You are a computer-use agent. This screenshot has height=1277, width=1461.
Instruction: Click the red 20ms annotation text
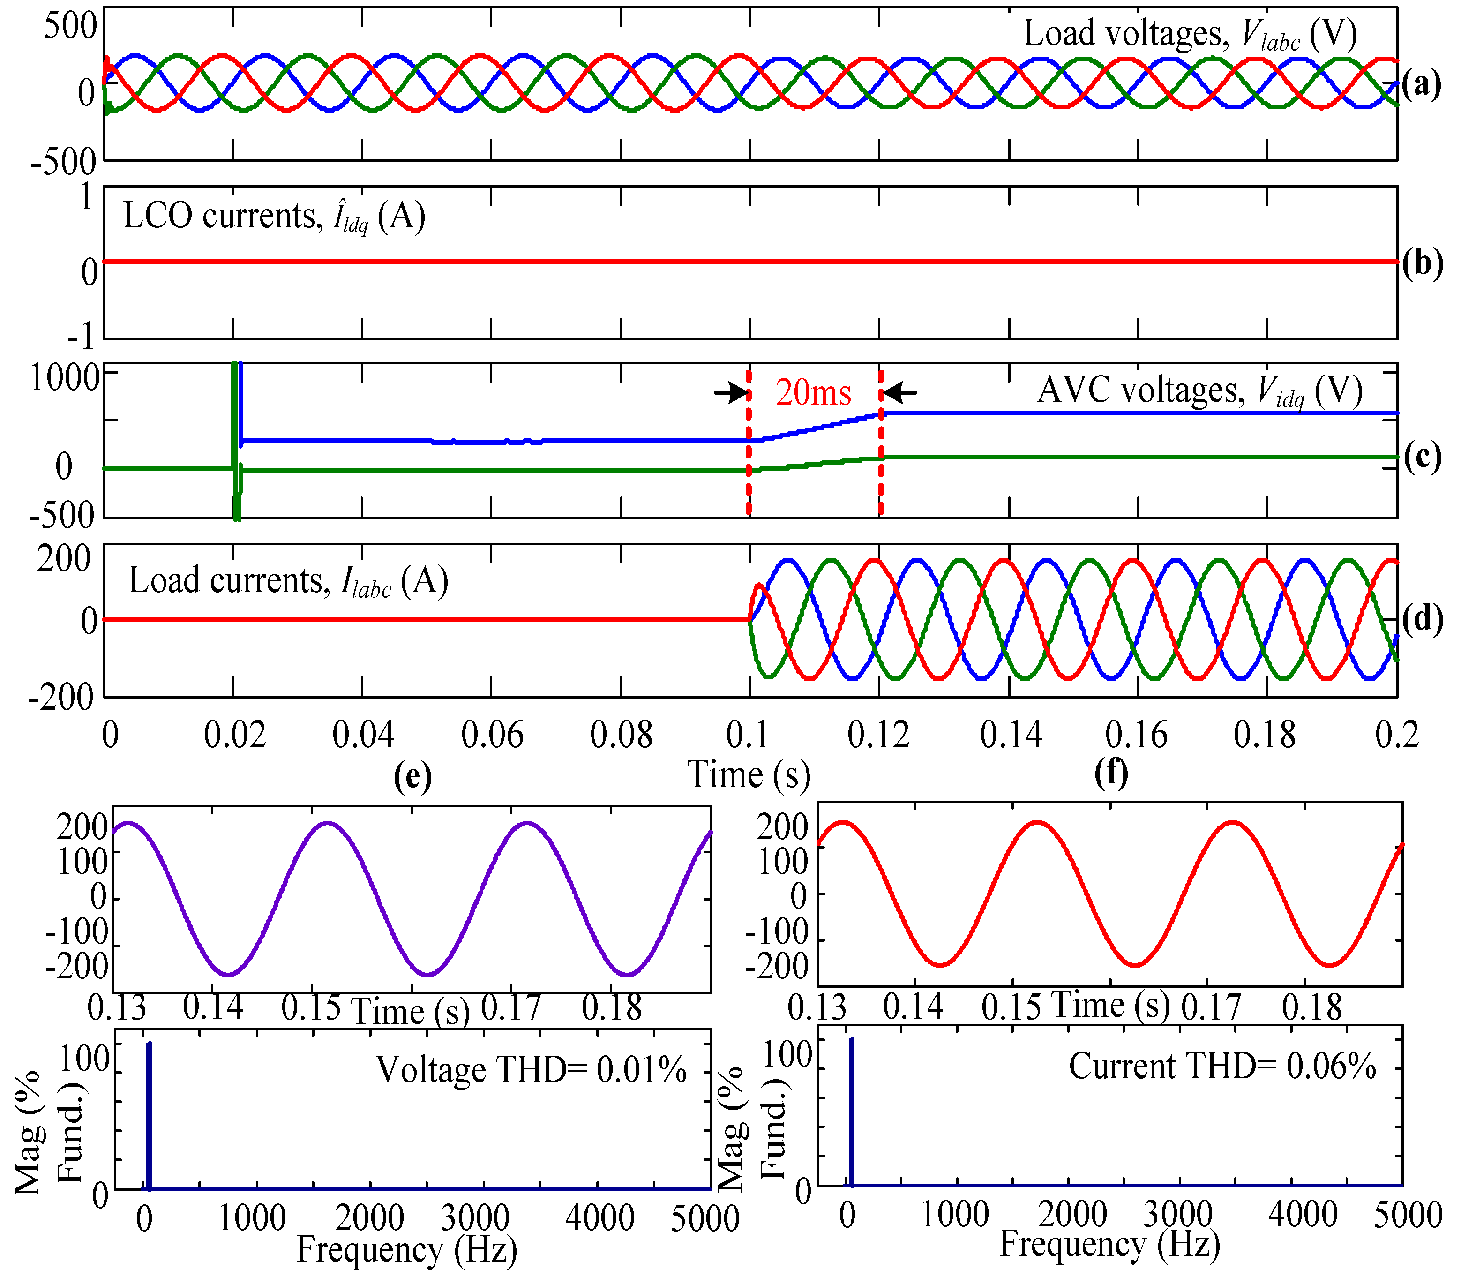[x=814, y=393]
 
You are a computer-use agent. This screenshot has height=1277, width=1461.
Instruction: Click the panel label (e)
[x=412, y=775]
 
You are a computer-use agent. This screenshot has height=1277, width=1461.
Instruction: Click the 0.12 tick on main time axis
[x=879, y=735]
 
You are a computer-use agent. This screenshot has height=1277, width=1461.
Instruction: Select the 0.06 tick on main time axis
[x=492, y=735]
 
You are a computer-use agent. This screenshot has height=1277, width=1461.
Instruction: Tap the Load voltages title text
[x=1190, y=34]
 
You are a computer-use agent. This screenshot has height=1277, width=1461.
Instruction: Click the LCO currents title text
[x=274, y=216]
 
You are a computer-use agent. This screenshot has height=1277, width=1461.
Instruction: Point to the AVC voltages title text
[x=1199, y=391]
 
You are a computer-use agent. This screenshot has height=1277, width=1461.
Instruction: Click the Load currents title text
[x=288, y=581]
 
